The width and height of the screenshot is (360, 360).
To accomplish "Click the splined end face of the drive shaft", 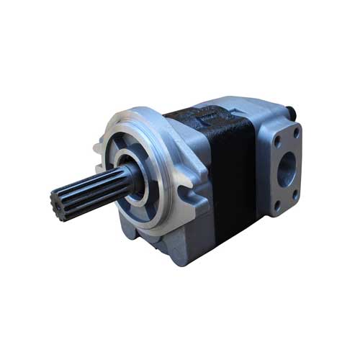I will click(64, 199).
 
